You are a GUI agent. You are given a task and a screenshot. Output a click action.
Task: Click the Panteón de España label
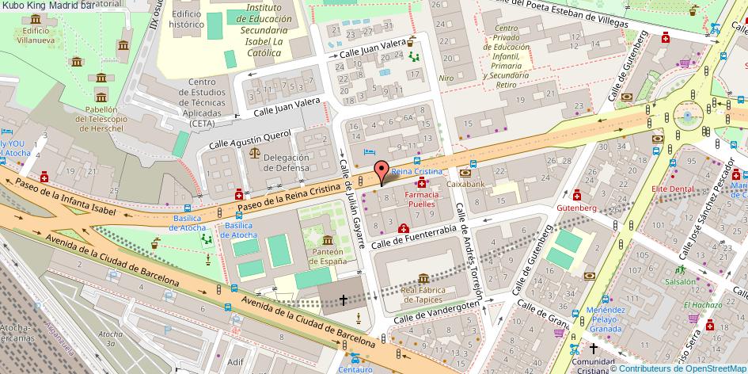pos(328,256)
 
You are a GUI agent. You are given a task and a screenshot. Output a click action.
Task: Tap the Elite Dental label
pos(672,189)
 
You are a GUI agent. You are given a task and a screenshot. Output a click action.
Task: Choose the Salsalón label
pos(680,281)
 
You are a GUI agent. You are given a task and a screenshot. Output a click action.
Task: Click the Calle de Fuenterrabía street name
pos(414,235)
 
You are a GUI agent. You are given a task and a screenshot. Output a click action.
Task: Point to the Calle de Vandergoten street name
pos(438,311)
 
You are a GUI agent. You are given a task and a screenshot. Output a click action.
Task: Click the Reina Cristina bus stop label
pos(416,172)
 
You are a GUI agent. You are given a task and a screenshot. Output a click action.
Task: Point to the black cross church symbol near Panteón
pos(343,300)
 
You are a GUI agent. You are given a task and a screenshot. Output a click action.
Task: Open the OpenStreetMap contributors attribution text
pos(678,368)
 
